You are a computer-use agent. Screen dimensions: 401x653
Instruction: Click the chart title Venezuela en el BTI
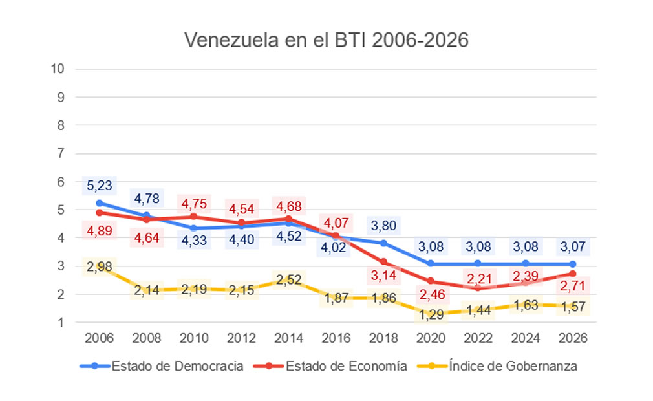tap(326, 40)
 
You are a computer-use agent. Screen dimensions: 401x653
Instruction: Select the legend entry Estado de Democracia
tap(177, 366)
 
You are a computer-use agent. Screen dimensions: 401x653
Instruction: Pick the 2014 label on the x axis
tap(289, 338)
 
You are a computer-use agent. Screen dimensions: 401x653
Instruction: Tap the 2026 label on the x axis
tap(573, 338)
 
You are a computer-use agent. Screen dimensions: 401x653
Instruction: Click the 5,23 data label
tap(100, 186)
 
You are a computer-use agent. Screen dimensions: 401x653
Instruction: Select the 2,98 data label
tap(100, 266)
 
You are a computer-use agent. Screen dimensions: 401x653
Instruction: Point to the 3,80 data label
tap(384, 226)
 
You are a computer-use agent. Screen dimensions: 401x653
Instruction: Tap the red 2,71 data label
tap(573, 285)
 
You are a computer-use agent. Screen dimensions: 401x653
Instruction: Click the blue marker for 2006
tap(100, 202)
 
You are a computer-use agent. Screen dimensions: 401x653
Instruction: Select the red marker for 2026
tap(573, 274)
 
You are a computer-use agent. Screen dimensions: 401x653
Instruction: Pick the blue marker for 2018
tap(384, 243)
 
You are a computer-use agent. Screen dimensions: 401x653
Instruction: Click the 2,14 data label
tap(147, 291)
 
